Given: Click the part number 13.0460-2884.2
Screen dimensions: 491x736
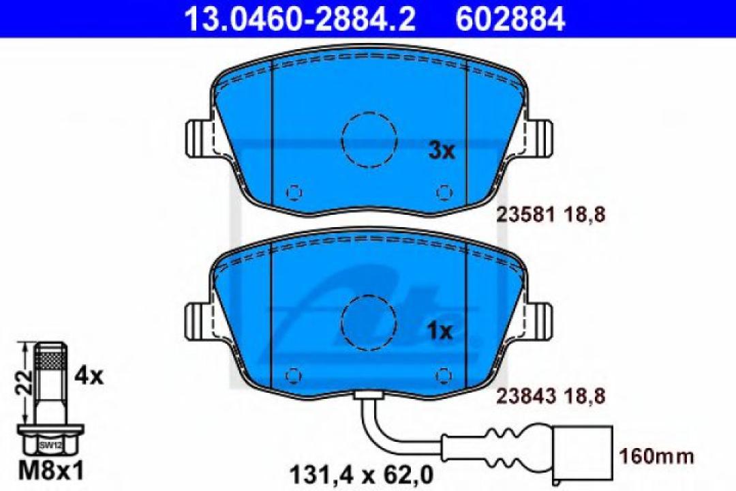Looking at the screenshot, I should tap(300, 18).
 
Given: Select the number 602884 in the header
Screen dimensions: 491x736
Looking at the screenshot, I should tap(510, 18).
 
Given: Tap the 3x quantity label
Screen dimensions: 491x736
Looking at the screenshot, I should tap(441, 151).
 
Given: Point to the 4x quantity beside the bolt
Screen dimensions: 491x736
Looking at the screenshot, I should tap(89, 374).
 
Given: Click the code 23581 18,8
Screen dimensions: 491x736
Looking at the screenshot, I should tap(549, 215).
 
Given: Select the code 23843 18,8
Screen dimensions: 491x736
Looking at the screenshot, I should tap(549, 394).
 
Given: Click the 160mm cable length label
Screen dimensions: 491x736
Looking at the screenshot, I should tap(655, 455).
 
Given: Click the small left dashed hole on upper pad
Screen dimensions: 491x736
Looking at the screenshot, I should tap(294, 193).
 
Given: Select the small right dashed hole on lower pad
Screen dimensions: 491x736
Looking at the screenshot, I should tap(444, 374).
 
